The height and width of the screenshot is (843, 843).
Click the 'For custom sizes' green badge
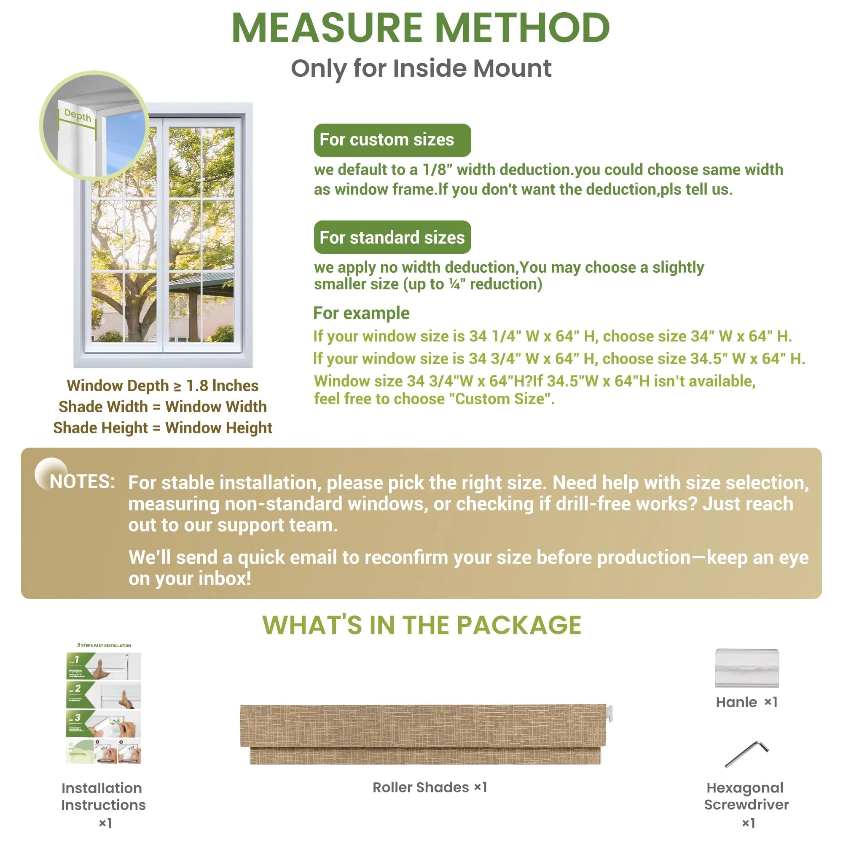point(392,140)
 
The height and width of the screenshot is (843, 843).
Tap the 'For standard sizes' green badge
point(392,237)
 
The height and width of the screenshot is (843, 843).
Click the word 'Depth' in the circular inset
point(78,115)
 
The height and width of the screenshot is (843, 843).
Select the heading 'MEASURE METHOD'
point(421,28)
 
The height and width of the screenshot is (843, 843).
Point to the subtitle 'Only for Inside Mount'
point(421,69)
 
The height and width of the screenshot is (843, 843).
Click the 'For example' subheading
point(361,313)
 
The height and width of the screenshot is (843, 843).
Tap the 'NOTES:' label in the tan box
point(83,482)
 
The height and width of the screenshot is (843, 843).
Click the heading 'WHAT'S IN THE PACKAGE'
point(421,625)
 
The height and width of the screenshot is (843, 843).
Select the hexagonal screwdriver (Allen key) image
point(746,754)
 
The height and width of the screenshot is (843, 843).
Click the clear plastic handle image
point(746,668)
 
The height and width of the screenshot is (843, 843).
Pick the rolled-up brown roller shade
point(423,734)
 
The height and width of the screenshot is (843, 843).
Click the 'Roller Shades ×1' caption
point(430,787)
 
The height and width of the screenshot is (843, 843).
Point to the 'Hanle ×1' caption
point(746,702)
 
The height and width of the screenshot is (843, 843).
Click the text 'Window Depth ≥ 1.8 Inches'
point(162,386)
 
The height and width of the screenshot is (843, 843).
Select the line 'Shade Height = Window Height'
point(162,427)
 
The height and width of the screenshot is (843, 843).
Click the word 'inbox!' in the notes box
point(225,579)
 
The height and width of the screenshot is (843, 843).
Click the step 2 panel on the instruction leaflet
point(103,695)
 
